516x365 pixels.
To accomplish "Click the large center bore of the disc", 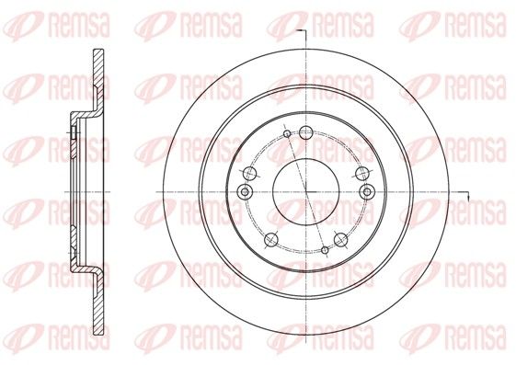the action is point(306,192).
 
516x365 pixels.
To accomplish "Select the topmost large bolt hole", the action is point(306,132).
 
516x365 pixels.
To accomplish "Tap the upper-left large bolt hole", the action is point(251,173).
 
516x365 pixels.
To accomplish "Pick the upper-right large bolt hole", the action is point(362,173).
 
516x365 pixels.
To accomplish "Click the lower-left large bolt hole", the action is point(271,240).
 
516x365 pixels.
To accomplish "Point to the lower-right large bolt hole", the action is point(340,240).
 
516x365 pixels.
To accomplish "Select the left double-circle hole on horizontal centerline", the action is point(245,192).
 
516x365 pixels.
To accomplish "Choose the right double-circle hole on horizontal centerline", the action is point(367,192).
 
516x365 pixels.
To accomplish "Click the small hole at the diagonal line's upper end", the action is point(287,133).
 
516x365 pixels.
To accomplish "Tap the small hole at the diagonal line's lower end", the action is point(325,250).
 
